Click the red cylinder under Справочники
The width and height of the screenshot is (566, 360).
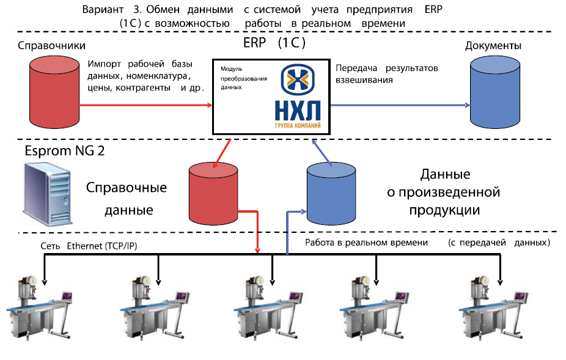[54, 92]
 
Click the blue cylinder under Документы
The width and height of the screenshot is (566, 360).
[495, 92]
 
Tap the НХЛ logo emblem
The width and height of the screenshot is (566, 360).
[298, 79]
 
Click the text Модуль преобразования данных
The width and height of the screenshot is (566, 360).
[244, 78]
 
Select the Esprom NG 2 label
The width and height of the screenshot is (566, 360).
[65, 150]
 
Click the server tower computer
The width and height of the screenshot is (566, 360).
[48, 194]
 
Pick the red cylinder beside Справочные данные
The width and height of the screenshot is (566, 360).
[213, 193]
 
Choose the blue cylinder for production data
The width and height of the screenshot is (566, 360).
[331, 193]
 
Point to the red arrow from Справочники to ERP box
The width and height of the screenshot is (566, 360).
[146, 105]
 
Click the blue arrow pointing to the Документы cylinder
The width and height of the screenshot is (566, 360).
[400, 105]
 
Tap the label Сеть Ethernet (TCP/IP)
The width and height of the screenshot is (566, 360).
[89, 246]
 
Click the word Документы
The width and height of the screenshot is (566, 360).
[493, 45]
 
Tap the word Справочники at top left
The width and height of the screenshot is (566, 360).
[51, 45]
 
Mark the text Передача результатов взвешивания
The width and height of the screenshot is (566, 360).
[386, 74]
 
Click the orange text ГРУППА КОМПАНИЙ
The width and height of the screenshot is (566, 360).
[298, 125]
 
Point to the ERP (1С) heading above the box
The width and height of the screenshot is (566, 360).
[274, 43]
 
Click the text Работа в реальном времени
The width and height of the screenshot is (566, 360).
[366, 242]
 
